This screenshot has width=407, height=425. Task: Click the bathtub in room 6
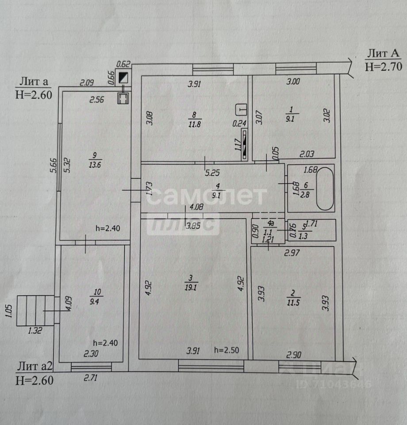pos(324,189)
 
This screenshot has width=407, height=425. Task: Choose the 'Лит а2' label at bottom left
pos(35,366)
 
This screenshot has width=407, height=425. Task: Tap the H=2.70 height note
pos(383,67)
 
